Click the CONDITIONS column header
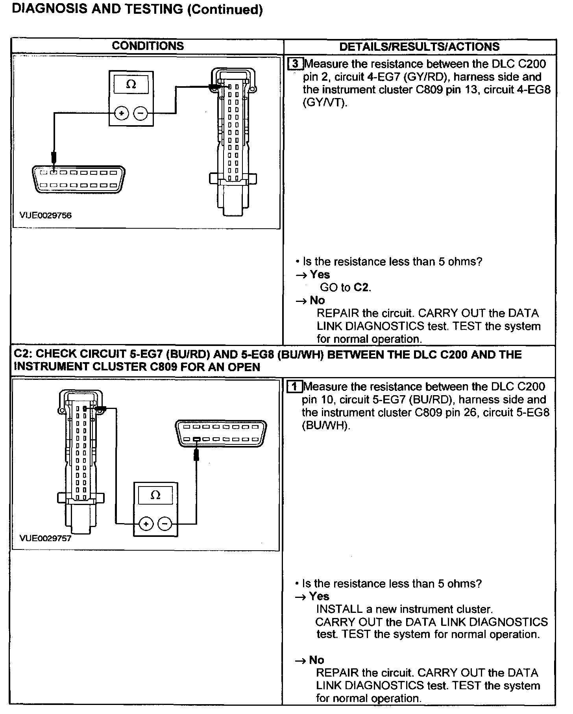tap(148, 46)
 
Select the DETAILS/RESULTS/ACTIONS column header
tap(419, 47)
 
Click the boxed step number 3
tap(296, 64)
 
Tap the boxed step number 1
tap(295, 387)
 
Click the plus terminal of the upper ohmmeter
tap(122, 114)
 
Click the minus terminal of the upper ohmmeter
tap(140, 114)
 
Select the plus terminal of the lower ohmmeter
tap(146, 524)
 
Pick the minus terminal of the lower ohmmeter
tap(165, 524)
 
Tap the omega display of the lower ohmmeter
tap(155, 495)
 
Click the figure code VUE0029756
tap(46, 215)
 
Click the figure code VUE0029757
tap(46, 538)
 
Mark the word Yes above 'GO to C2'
tap(320, 274)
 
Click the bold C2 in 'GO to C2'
tap(361, 287)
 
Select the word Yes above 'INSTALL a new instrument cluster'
tap(319, 596)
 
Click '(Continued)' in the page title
tap(225, 10)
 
